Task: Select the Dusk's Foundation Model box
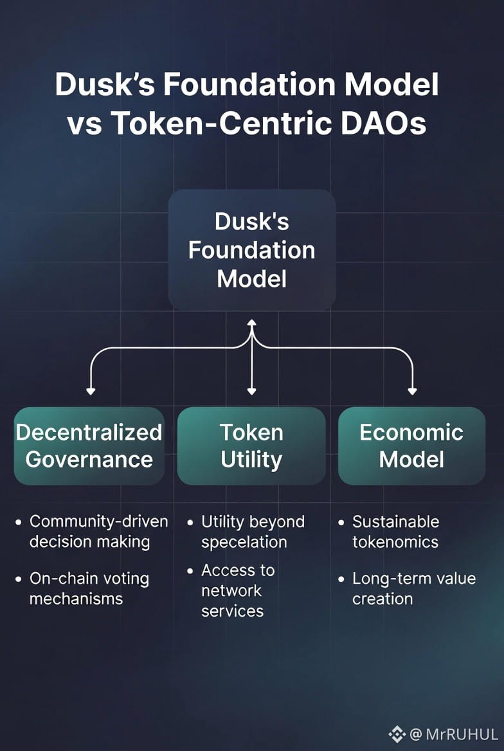point(251,250)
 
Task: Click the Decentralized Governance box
point(89,446)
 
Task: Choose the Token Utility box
point(251,446)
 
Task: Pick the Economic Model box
point(411,446)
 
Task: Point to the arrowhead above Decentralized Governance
point(91,391)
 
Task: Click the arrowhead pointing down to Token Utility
point(251,391)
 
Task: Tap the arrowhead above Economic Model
point(412,391)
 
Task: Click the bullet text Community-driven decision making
point(98,531)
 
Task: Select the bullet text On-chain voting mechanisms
point(89,588)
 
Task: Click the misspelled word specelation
point(244,542)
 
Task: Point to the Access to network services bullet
point(237,590)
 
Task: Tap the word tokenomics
point(395,542)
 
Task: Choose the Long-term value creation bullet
point(413,588)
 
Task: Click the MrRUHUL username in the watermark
point(462,734)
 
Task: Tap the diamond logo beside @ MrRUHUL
point(397,734)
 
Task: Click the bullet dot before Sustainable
point(341,522)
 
